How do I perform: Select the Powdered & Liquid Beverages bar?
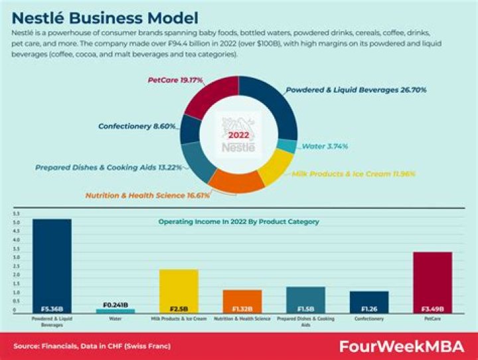pos(52,266)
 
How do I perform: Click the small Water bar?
pos(116,310)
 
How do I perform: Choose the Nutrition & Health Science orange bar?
pos(242,301)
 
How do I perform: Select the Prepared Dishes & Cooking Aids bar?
pos(305,300)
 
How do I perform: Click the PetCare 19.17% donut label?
pos(175,80)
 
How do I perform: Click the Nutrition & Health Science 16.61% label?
pos(147,195)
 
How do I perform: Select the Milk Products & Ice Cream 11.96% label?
pos(353,173)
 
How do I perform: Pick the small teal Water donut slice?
pos(286,145)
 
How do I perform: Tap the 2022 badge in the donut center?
pos(239,135)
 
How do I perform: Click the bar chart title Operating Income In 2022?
pos(238,221)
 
